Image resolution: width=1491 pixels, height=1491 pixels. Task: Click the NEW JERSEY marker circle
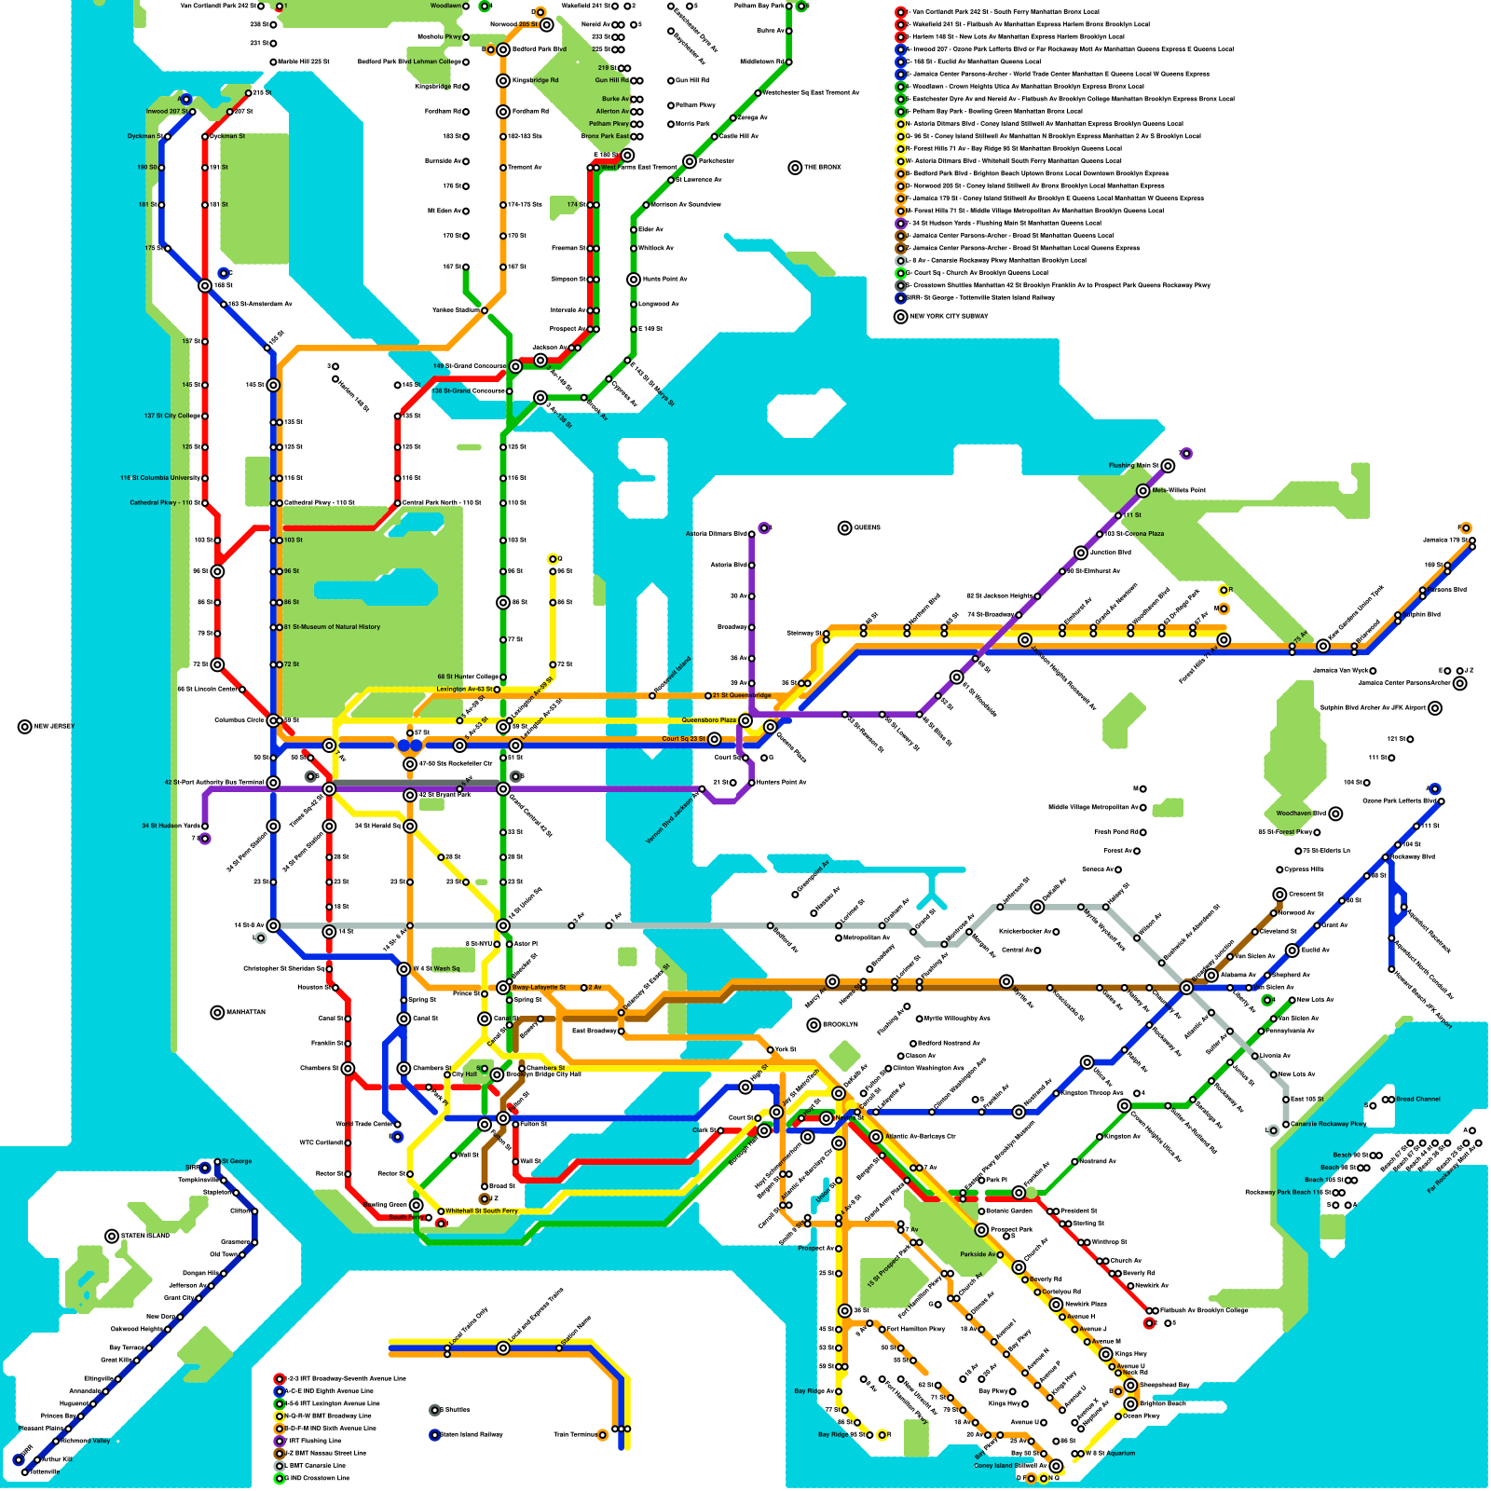[x=24, y=727]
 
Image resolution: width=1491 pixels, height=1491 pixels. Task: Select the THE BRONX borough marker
[x=795, y=168]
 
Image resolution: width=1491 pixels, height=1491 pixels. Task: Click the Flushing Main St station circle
[x=1168, y=466]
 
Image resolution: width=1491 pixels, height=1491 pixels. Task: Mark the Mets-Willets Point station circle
[x=1143, y=490]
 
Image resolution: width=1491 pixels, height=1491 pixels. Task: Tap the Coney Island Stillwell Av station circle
[x=1056, y=1466]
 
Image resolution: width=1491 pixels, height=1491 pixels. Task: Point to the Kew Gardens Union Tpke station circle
[x=1323, y=646]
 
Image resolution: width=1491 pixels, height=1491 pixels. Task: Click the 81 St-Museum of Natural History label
[x=332, y=627]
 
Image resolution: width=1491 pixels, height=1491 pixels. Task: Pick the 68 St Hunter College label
[x=468, y=677]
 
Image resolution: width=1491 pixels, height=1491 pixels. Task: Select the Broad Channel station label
[x=1417, y=1099]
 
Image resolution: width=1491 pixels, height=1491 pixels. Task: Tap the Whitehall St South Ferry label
[x=481, y=1211]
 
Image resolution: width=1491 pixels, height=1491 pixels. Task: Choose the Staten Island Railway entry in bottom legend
[x=471, y=1434]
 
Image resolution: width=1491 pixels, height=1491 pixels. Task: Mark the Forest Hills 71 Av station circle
[x=1224, y=640]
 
